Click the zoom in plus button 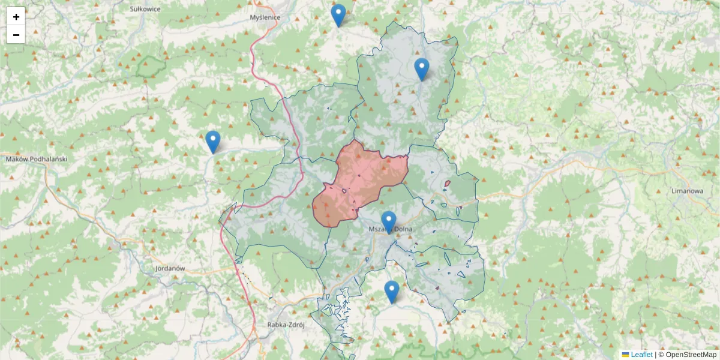[x=16, y=17]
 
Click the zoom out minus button [x=16, y=35]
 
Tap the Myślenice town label [x=265, y=17]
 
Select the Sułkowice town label [x=144, y=9]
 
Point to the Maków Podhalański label [x=36, y=159]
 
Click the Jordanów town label [x=169, y=268]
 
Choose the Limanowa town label [x=687, y=191]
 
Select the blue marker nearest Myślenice [x=338, y=15]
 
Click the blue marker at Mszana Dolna [x=389, y=221]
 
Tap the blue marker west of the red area [x=213, y=142]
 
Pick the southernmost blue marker [x=392, y=291]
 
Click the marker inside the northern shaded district [x=422, y=69]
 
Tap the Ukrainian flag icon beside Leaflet [x=625, y=355]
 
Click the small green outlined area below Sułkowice [x=150, y=66]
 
